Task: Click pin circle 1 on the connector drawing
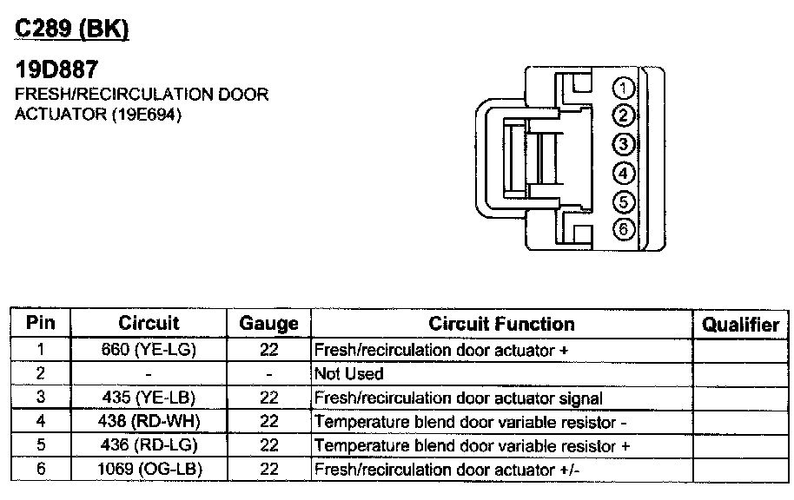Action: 625,87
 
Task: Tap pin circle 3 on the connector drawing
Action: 625,144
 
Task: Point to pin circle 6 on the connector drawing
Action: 625,230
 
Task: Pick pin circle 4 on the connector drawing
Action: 625,173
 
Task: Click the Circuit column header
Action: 149,324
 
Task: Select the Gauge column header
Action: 268,324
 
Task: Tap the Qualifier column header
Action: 740,325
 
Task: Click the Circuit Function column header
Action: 501,324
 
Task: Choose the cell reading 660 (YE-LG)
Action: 149,350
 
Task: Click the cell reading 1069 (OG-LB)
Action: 149,470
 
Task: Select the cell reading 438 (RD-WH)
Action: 149,422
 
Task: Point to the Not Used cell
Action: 348,374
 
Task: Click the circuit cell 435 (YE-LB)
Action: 149,398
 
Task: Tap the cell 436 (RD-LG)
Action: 149,446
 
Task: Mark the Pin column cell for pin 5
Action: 41,446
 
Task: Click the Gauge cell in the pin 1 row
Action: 268,350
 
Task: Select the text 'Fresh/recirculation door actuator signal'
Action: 458,398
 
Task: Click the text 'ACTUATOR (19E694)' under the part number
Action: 98,115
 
